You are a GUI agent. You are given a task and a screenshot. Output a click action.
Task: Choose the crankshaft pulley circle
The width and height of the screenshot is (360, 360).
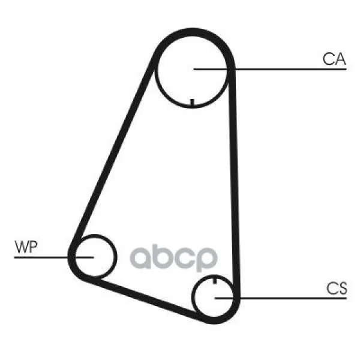[x=215, y=297]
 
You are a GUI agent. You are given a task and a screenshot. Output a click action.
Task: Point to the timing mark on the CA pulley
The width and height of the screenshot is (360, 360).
[x=191, y=101]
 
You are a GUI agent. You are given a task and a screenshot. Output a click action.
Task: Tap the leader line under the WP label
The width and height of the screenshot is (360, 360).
[x=42, y=257]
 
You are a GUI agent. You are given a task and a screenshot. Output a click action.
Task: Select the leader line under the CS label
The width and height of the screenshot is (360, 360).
[x=288, y=298]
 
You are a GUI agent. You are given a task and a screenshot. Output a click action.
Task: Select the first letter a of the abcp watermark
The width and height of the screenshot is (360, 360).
[x=143, y=258]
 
